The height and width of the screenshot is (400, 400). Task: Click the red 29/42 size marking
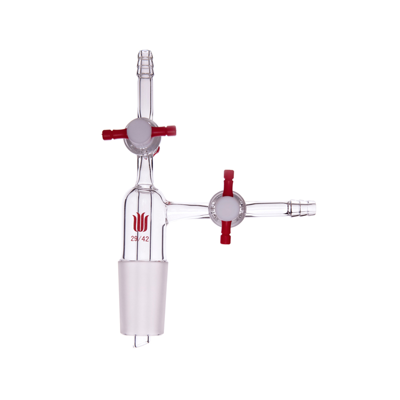click(x=139, y=239)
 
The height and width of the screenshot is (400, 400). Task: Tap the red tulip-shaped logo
click(x=140, y=222)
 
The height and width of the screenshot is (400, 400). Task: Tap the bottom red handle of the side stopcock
click(x=225, y=231)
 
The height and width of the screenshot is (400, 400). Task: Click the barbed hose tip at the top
click(x=145, y=62)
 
